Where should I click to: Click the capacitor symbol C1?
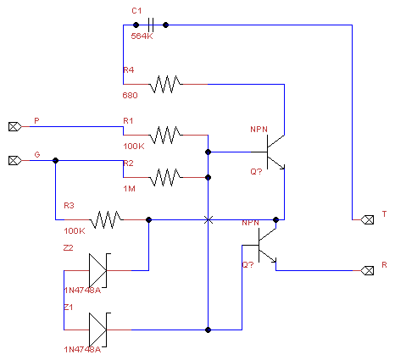[151, 25]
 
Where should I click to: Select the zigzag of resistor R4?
[165, 84]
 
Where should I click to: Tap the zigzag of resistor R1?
[165, 135]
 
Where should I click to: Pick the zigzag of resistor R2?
[165, 177]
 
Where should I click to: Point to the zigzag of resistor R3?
[106, 219]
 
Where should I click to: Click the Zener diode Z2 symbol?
[99, 270]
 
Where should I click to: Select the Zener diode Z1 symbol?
[99, 330]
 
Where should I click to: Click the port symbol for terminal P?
[14, 126]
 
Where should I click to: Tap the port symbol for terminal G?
[14, 160]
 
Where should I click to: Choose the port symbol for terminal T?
[367, 219]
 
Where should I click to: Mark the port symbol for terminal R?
[367, 270]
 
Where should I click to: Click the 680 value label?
[130, 96]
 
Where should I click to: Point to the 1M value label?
[129, 189]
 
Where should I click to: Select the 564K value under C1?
[142, 36]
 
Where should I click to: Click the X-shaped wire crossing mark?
[209, 219]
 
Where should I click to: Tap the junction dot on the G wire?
[56, 160]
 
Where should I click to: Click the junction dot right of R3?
[149, 219]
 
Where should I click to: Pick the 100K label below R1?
[134, 147]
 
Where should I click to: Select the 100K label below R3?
[75, 231]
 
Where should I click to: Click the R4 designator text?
[129, 70]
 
